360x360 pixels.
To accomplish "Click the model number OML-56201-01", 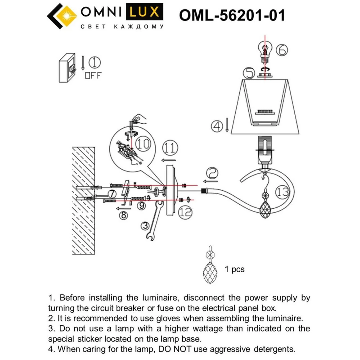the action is [232, 15].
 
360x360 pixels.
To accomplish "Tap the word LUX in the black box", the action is [144, 12].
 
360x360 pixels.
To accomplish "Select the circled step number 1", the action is [94, 63].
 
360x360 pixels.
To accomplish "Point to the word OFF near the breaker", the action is [93, 75].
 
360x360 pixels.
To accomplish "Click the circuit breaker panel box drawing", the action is [67, 68].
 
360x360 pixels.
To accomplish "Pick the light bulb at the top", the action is [265, 53].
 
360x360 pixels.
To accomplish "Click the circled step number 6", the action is [282, 50].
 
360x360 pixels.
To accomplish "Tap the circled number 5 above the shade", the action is [249, 73].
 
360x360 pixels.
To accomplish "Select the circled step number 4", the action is [217, 126].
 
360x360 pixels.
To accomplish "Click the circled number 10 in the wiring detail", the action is [143, 144].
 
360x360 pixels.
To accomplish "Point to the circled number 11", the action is [170, 148].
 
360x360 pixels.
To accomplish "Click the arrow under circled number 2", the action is [210, 181].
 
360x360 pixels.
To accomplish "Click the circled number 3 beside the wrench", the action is [145, 226].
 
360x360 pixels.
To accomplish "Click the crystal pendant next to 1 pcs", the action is [210, 265].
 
